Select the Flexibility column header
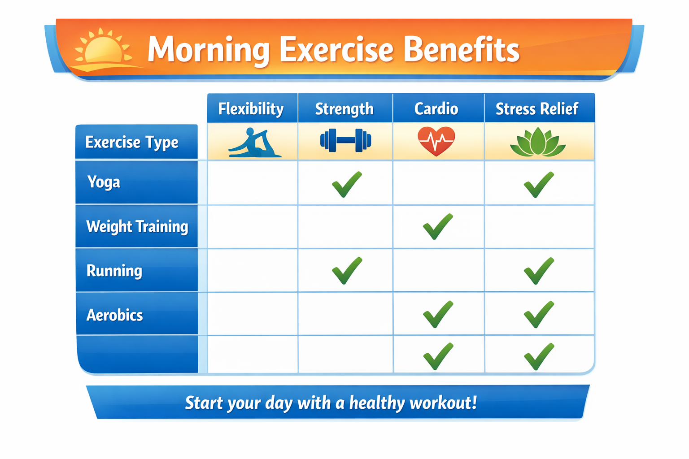251,109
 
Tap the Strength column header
344,109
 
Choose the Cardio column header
436,109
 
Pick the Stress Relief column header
537,109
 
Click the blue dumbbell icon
345,140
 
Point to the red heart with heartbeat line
436,141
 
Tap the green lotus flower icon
538,143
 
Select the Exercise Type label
132,143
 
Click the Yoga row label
104,182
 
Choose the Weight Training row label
137,226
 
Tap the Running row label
114,271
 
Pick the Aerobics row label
115,315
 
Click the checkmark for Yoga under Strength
347,184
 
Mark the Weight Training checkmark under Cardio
438,227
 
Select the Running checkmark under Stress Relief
539,271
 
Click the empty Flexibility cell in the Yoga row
253,183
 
